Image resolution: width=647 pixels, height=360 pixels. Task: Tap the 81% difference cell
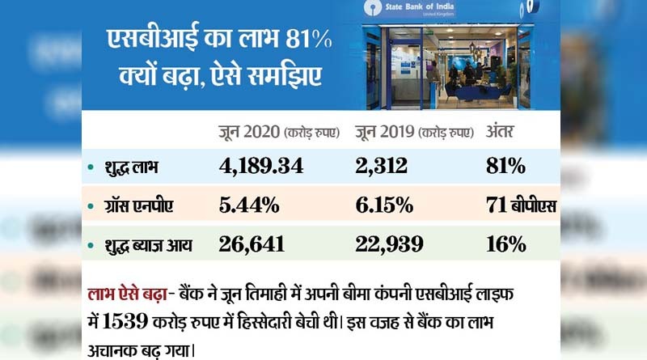point(506,167)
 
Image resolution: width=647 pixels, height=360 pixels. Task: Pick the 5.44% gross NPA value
point(249,205)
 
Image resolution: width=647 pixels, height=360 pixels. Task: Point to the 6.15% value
point(385,205)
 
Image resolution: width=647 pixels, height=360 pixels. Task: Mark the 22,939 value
point(391,244)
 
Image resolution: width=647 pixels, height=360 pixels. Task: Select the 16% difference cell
point(506,244)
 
